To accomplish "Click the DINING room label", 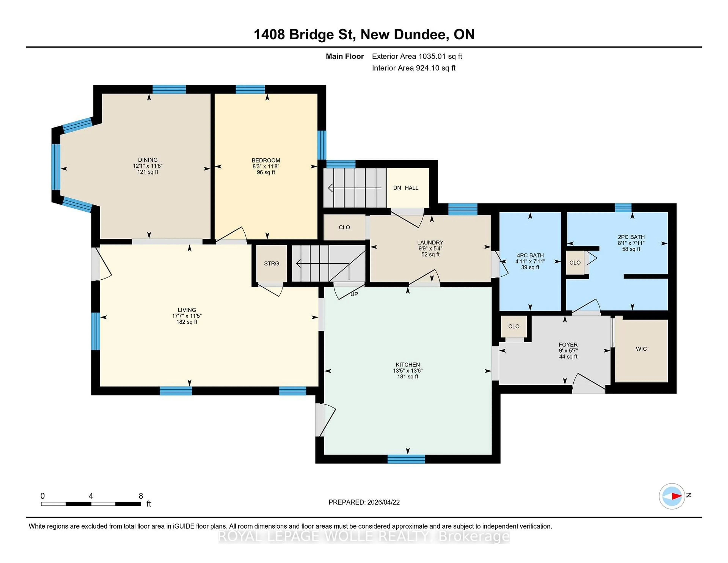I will [148, 160].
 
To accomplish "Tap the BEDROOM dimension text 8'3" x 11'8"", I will [266, 166].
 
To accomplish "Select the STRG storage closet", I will [271, 263].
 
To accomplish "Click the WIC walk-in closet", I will [641, 349].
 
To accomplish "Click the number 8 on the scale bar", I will [141, 496].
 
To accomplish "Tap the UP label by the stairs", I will [354, 294].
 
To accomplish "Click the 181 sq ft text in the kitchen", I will [407, 377].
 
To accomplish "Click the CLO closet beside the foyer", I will [514, 326].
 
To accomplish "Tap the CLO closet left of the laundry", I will [344, 227].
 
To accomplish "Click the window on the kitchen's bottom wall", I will [406, 459].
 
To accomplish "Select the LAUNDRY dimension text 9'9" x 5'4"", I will [430, 248].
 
